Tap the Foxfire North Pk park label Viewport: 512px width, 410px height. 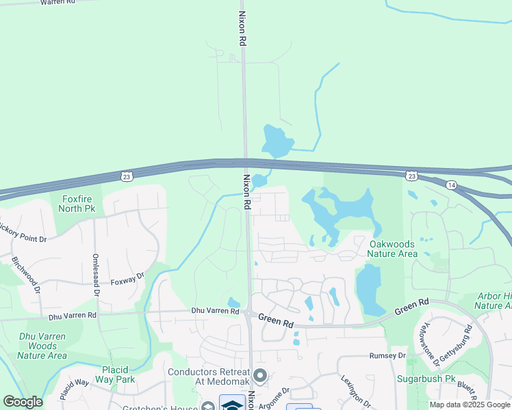pos(77,204)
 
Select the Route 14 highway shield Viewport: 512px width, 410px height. pos(450,185)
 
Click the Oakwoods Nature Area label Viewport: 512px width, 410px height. pos(392,249)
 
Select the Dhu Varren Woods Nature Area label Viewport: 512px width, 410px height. pos(42,346)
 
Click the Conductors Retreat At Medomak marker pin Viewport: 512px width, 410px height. pos(260,375)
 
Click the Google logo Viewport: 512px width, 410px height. pos(23,402)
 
